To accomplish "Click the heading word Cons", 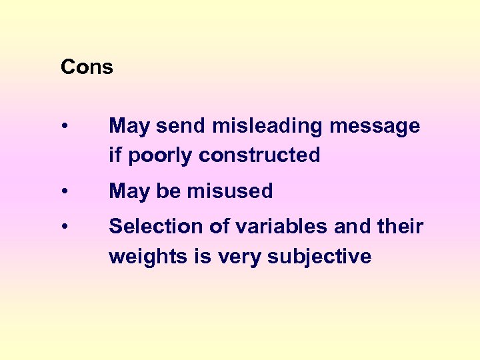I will [87, 67].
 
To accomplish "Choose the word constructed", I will [259, 155].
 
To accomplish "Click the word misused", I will [230, 191].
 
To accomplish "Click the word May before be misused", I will [129, 192].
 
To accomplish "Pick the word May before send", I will [129, 127].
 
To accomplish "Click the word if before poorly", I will [115, 155].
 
